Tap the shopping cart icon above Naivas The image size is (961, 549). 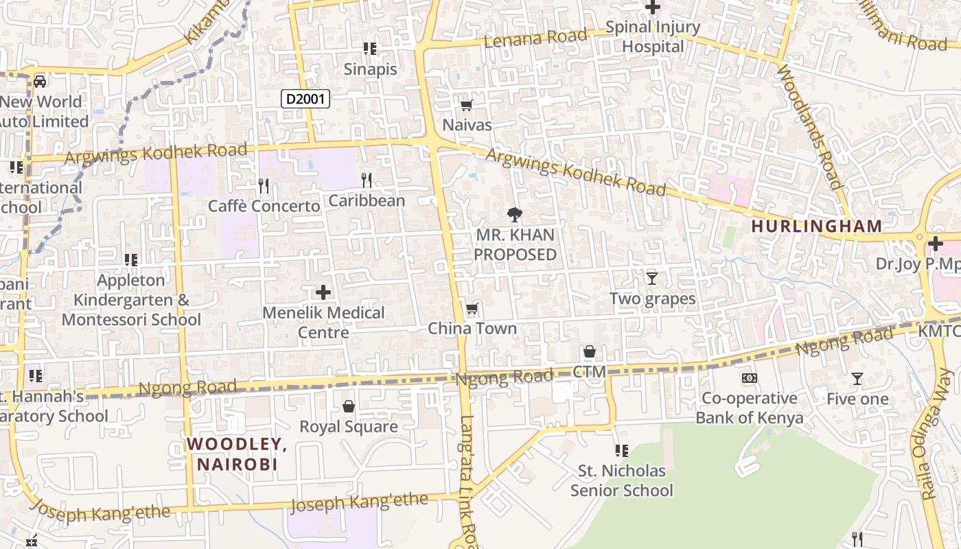click(467, 105)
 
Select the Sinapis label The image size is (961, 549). click(371, 69)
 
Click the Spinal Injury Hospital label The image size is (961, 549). click(652, 37)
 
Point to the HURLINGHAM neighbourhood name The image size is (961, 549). click(816, 226)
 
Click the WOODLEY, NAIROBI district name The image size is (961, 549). click(237, 454)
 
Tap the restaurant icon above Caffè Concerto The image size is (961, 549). click(263, 185)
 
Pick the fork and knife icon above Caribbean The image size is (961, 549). click(367, 180)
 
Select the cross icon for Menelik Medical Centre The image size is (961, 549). click(323, 293)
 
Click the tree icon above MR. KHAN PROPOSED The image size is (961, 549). click(514, 215)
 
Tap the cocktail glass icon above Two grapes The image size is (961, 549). click(652, 278)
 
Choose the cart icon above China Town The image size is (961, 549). click(472, 309)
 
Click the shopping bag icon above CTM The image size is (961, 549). click(589, 352)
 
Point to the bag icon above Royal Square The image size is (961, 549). click(349, 407)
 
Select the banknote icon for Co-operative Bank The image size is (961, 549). click(750, 378)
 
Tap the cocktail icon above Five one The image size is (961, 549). click(857, 379)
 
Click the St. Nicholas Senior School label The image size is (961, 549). click(622, 480)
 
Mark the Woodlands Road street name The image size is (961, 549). click(808, 127)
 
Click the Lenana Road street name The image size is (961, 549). click(536, 38)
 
